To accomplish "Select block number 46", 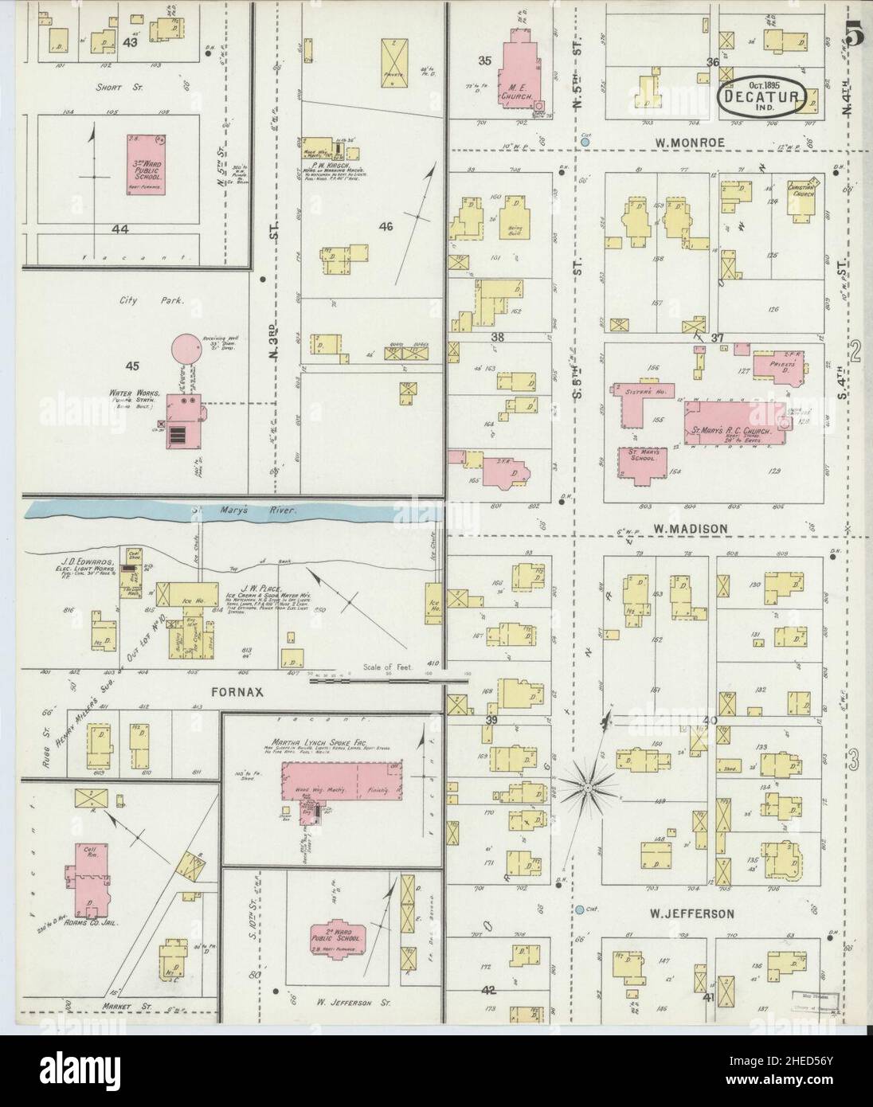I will [386, 227].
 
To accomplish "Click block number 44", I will [120, 229].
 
